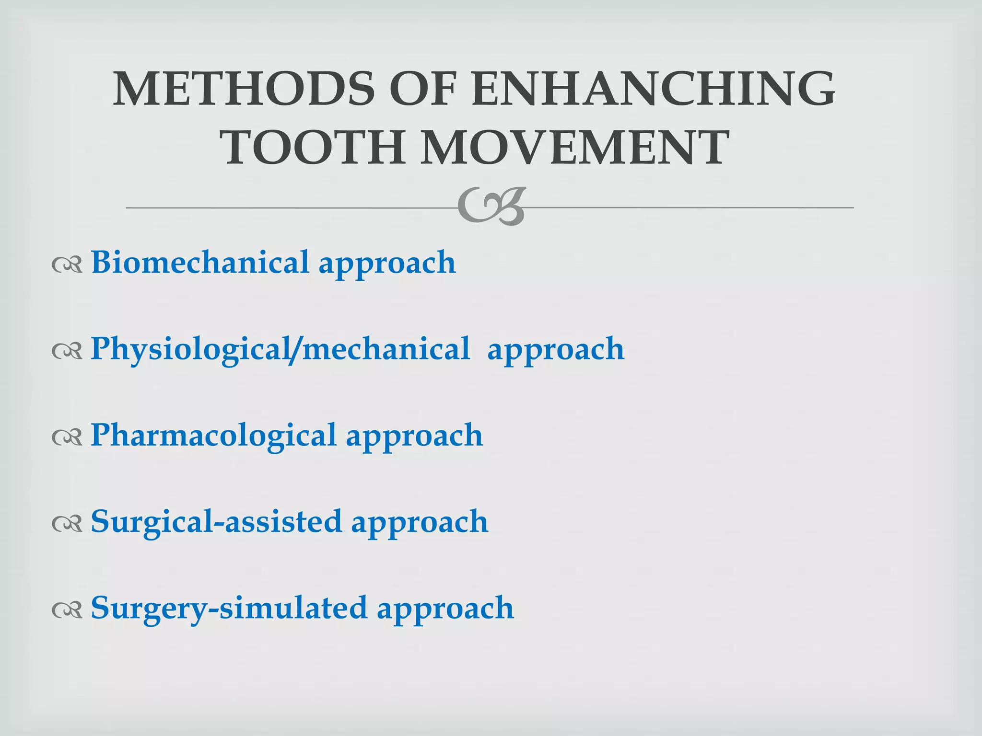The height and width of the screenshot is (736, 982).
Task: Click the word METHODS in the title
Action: click(x=244, y=89)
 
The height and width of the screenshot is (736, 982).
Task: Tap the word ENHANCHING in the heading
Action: click(x=653, y=89)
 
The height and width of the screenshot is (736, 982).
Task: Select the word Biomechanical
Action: click(x=200, y=262)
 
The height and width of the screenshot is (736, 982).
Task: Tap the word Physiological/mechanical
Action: click(x=281, y=349)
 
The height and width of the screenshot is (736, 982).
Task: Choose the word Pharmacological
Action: click(x=213, y=436)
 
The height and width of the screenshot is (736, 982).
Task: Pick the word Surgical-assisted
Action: click(x=216, y=521)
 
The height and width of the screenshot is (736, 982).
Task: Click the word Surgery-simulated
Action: click(x=229, y=608)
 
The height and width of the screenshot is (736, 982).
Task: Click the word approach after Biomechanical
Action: click(x=387, y=264)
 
